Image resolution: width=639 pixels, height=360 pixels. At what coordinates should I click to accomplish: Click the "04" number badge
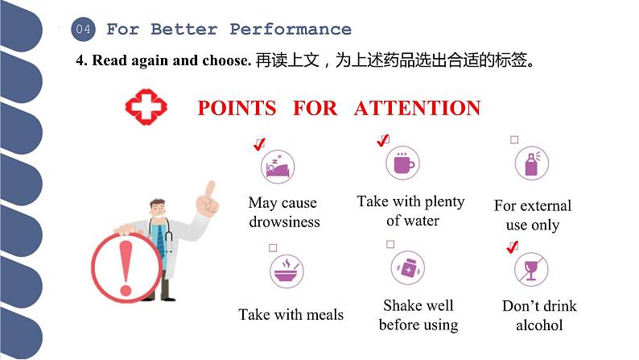84,30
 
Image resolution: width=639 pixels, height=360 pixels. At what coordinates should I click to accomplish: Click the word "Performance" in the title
291,30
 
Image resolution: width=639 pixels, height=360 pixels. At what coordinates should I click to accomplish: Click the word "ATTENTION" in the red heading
417,108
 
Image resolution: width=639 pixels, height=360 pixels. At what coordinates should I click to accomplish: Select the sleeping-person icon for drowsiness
277,167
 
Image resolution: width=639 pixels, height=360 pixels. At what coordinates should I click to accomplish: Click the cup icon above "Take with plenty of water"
403,164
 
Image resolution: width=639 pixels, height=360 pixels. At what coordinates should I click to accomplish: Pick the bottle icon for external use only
531,164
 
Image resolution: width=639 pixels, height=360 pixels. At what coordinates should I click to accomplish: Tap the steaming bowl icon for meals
287,271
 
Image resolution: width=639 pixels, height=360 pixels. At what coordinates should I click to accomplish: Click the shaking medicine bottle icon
407,269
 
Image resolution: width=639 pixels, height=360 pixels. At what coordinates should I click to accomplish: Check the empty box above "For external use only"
514,139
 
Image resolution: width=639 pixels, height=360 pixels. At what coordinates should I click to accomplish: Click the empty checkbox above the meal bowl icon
273,247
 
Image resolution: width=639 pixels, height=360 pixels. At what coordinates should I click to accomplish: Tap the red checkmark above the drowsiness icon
259,145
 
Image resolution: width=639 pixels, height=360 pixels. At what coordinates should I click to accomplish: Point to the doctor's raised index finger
210,190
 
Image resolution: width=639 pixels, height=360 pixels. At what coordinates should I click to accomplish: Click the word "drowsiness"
284,222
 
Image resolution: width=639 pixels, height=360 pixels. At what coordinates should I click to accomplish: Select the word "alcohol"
539,325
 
